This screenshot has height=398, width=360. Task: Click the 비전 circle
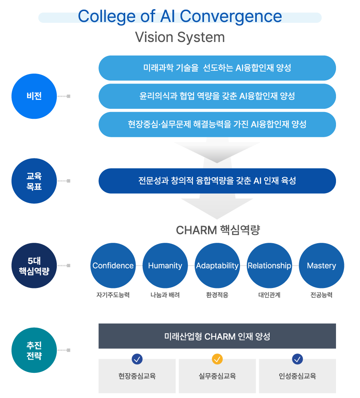tap(34, 96)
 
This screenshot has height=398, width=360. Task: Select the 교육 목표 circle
tap(34, 181)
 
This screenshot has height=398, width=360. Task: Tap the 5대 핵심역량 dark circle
tap(34, 266)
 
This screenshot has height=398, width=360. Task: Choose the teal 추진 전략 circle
tap(34, 350)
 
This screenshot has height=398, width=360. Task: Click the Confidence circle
tap(113, 266)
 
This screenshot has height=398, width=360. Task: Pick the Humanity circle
tap(165, 266)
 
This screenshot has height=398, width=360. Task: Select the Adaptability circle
tap(217, 266)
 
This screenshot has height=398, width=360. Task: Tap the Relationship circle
tap(269, 266)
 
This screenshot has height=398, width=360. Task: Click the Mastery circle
tap(321, 266)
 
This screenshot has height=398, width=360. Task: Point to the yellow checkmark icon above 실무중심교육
tap(217, 359)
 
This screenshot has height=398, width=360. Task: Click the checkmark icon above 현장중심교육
tap(137, 359)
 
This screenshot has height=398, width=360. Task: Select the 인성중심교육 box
tap(297, 376)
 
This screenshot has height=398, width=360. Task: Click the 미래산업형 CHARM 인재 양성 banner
tap(217, 336)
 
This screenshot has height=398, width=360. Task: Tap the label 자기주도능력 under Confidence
tap(113, 295)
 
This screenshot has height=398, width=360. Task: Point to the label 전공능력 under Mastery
tap(321, 295)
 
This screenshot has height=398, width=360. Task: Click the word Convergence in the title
tap(231, 17)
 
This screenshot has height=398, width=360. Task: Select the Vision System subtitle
tap(180, 37)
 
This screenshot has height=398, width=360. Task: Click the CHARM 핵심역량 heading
tap(218, 230)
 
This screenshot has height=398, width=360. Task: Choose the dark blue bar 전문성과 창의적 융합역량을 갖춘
tap(217, 181)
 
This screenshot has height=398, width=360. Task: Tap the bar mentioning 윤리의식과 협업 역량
tap(217, 96)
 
